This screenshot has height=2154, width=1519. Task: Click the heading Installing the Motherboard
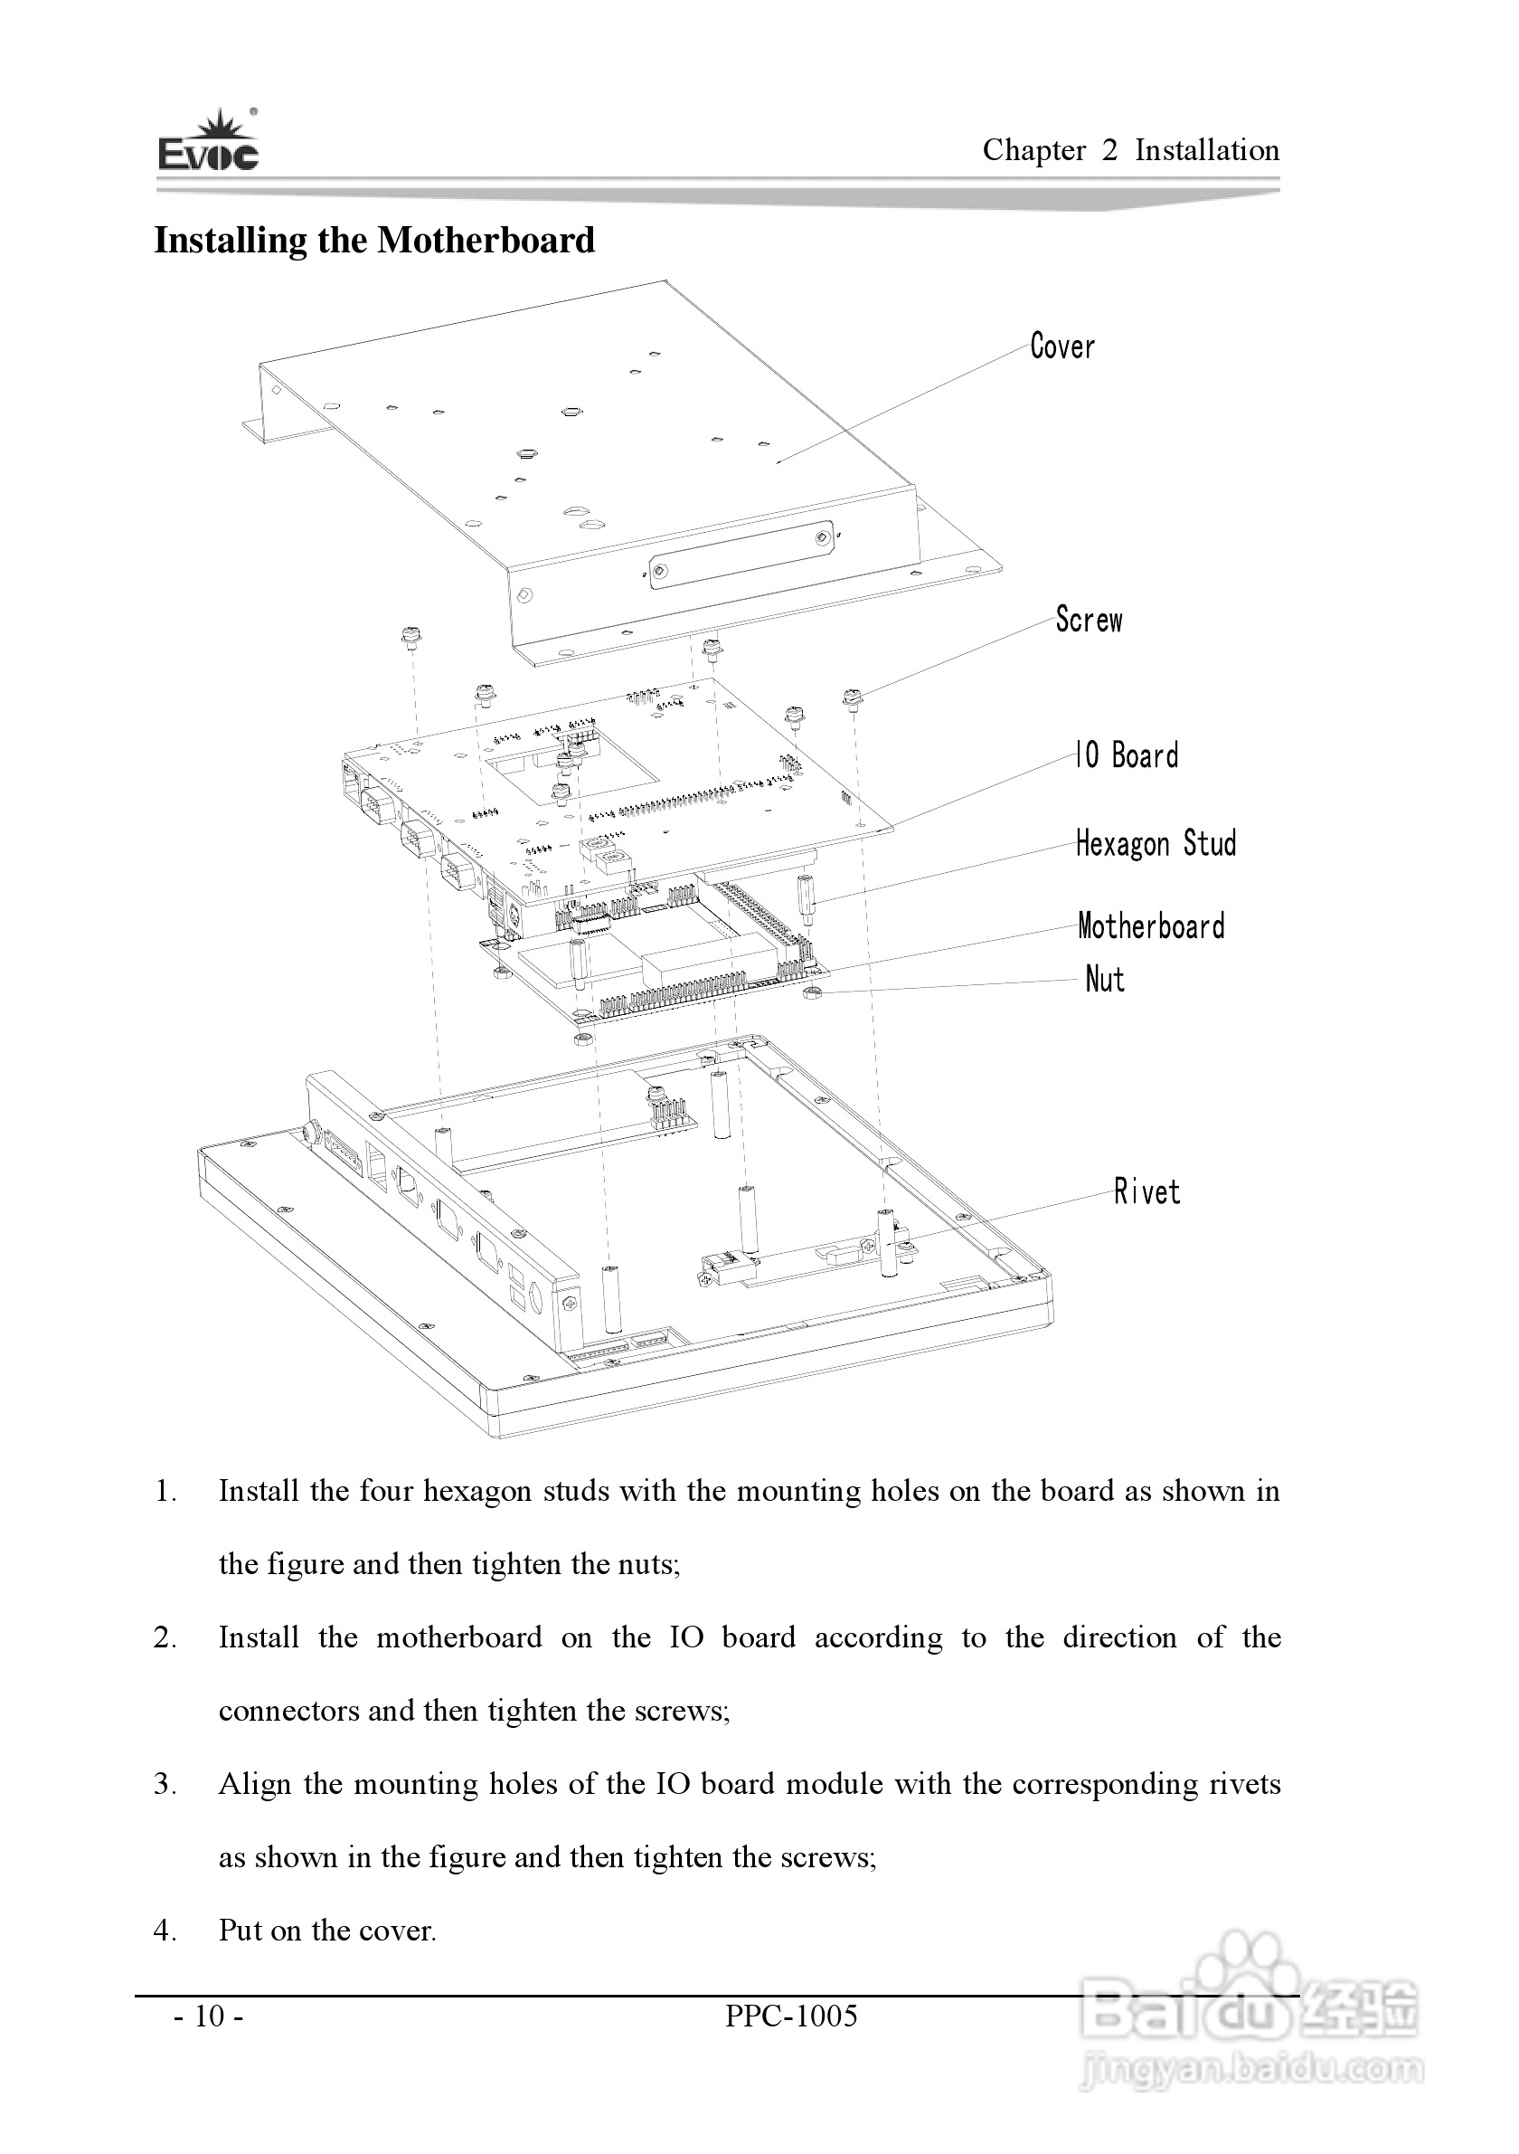[374, 240]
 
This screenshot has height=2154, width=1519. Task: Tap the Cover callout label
[1061, 346]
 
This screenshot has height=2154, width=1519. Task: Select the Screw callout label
[1088, 620]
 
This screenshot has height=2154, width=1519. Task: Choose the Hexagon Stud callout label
[1156, 843]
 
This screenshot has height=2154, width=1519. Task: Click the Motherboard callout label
[1150, 926]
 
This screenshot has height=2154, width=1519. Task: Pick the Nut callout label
[1105, 980]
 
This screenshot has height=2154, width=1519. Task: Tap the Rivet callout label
[1146, 1192]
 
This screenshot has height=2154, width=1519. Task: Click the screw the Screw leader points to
[852, 698]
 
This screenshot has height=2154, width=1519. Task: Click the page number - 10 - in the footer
[209, 2016]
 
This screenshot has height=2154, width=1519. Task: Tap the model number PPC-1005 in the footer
[790, 2016]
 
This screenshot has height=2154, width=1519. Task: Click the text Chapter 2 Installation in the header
[1130, 150]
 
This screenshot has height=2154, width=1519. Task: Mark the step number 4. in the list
[166, 1931]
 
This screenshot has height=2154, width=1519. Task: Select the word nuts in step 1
[646, 1564]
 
